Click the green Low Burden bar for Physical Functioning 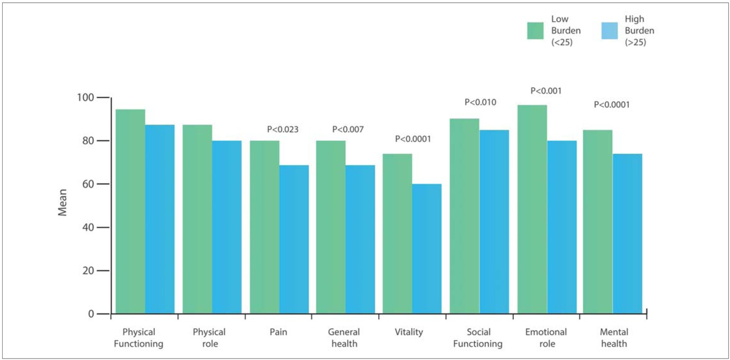pos(130,212)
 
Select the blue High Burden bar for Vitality pos(426,249)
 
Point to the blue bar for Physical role pos(227,227)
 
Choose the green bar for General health pos(331,227)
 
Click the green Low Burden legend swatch pos(537,30)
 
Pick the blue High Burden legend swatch pos(611,30)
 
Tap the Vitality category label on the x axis pos(408,332)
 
